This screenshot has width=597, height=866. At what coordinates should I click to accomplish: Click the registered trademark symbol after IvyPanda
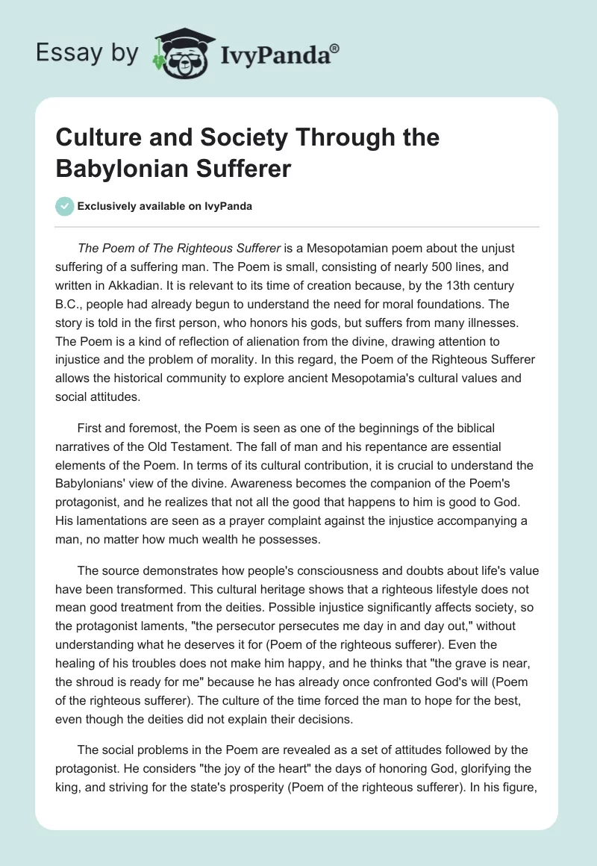(x=335, y=47)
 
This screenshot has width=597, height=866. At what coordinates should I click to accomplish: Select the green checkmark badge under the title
(x=65, y=206)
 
